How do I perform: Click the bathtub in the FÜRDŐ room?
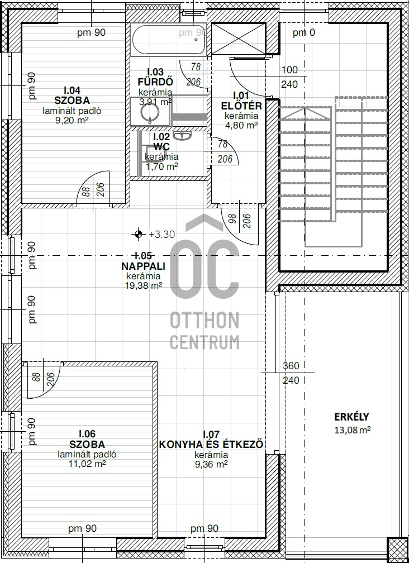[168, 40]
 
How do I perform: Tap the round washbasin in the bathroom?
[150, 112]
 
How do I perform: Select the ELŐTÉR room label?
[241, 106]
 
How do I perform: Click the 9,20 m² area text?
[72, 120]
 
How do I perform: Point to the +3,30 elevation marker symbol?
[138, 234]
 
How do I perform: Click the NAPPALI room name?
[143, 266]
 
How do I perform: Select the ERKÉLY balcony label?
[351, 417]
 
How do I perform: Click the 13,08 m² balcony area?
[352, 430]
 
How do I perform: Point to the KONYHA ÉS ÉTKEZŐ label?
[211, 444]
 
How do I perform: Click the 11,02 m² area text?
[87, 464]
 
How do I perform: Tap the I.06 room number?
[87, 435]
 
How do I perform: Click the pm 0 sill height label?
[304, 32]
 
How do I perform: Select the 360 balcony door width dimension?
[291, 366]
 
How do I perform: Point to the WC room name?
[161, 147]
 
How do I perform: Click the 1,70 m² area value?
[161, 166]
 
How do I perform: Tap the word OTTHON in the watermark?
[204, 320]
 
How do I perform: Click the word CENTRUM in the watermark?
[204, 342]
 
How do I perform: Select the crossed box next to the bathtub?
[238, 38]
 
